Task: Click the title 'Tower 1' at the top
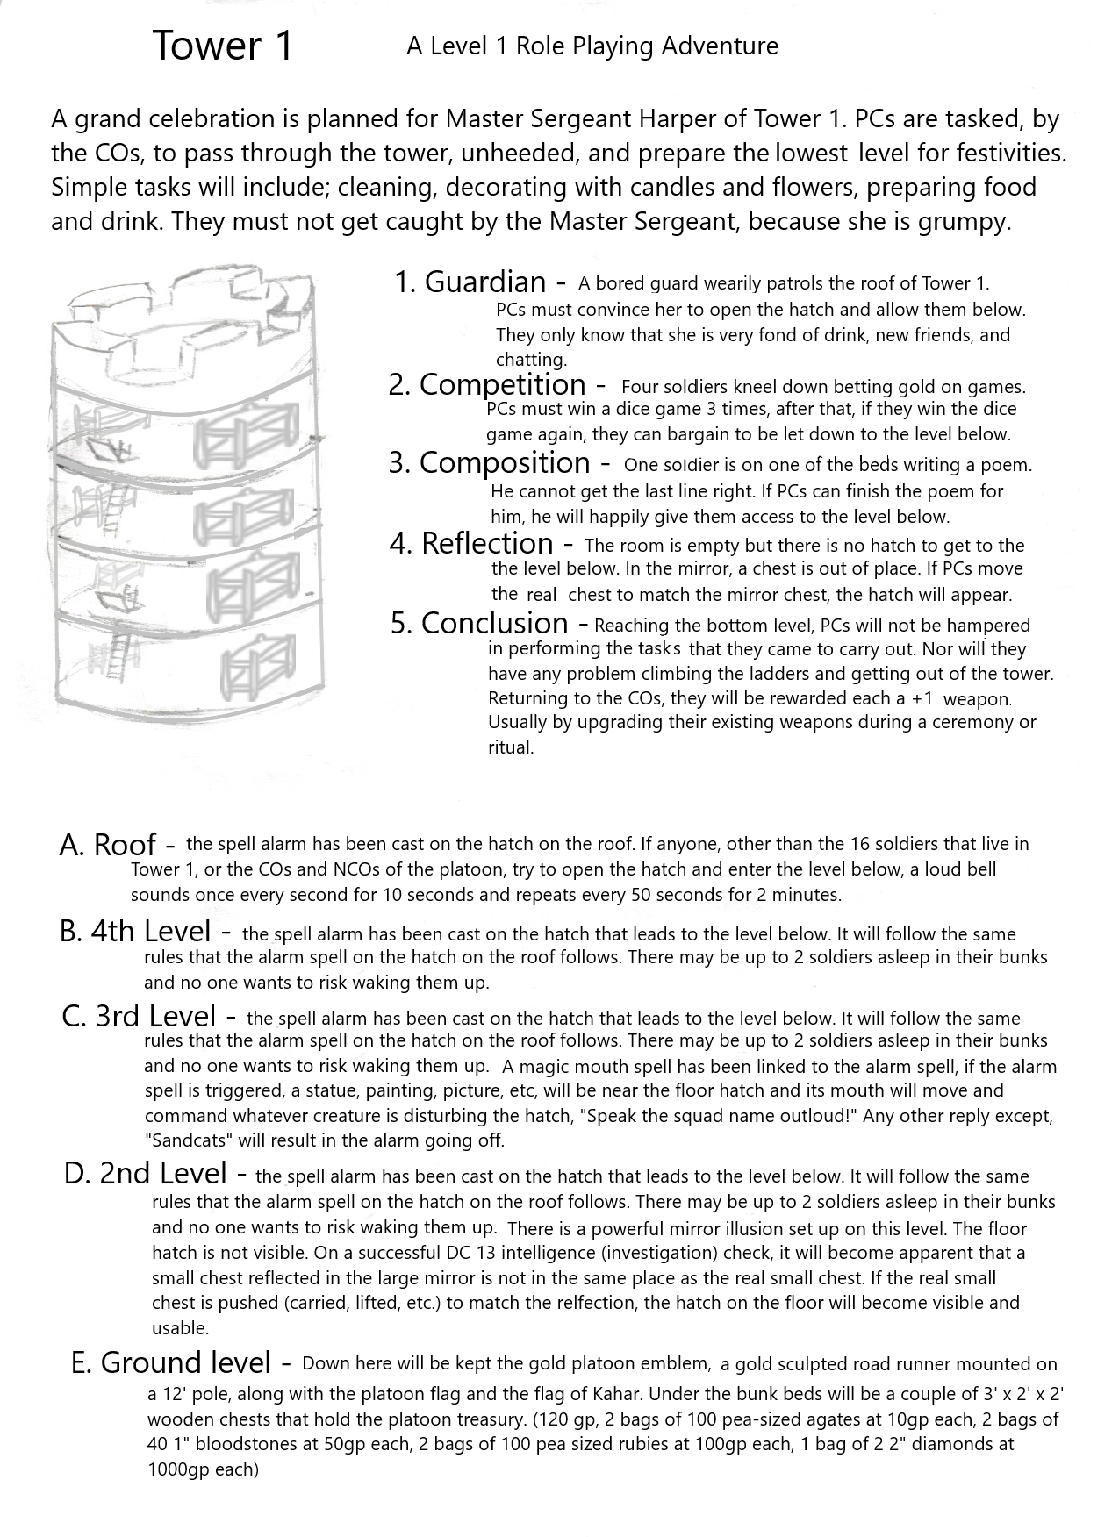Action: (222, 46)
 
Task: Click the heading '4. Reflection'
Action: (471, 543)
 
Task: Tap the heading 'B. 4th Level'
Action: (135, 932)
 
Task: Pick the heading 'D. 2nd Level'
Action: (146, 1173)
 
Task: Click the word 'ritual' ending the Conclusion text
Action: (510, 747)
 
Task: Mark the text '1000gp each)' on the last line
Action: (204, 1469)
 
